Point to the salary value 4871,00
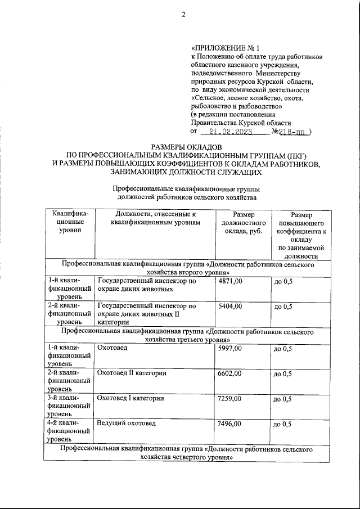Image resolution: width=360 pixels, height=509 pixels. click(229, 281)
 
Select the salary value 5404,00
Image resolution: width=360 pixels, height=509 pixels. click(229, 307)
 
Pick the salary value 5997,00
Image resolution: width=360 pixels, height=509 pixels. click(229, 349)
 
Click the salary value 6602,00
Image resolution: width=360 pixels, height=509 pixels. click(229, 373)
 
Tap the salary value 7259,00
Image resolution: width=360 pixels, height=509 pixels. click(229, 398)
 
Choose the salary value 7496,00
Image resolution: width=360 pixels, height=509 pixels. click(229, 423)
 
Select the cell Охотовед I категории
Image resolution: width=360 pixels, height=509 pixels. click(130, 398)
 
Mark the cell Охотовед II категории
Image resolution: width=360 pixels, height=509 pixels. click(132, 373)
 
